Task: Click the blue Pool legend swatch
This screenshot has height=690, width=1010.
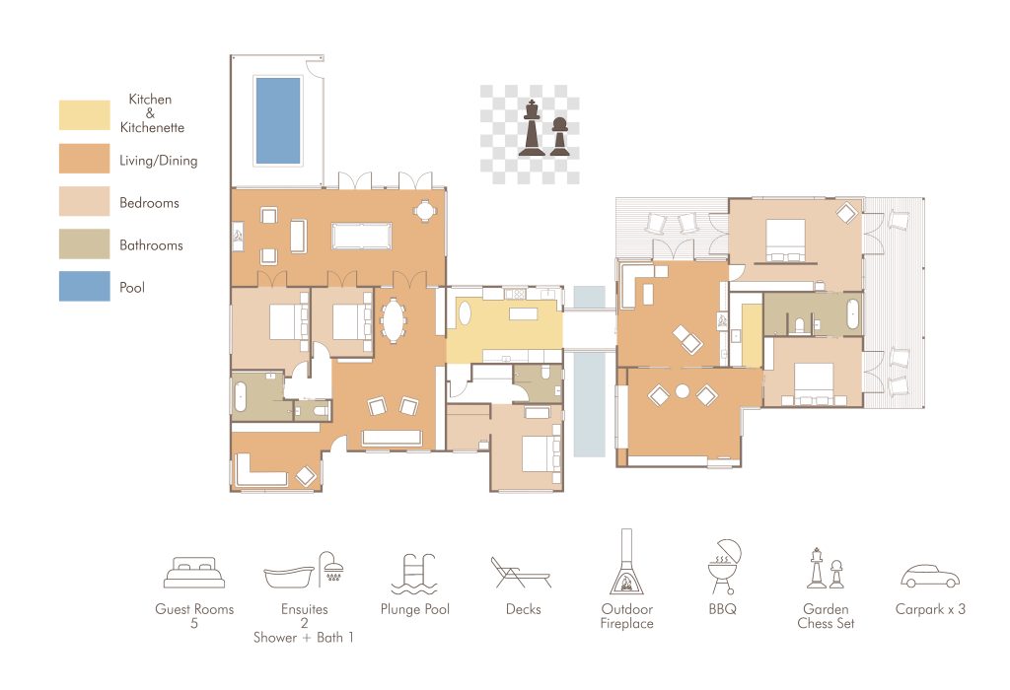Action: pos(85,286)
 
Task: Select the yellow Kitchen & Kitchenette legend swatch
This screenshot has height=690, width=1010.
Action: pos(85,114)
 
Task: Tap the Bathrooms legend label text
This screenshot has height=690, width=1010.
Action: pos(151,245)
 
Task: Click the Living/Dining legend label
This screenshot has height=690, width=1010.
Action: pos(159,161)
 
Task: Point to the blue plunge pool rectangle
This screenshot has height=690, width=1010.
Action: pos(278,121)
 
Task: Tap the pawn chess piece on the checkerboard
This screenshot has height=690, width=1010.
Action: pos(559,136)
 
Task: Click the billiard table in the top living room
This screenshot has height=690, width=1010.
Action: pos(361,236)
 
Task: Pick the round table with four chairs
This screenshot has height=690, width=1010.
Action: pos(424,211)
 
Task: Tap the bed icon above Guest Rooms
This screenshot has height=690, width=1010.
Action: pos(194,573)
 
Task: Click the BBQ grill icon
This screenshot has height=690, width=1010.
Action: pos(724,567)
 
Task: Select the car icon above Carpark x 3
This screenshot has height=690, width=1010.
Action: pos(929,576)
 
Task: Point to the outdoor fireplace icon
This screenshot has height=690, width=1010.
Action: pos(626,562)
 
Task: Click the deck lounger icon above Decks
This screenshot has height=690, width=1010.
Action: pos(521,573)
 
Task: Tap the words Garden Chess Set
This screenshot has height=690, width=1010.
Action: pos(826,616)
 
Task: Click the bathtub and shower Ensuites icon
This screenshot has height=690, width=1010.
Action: pos(304,570)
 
